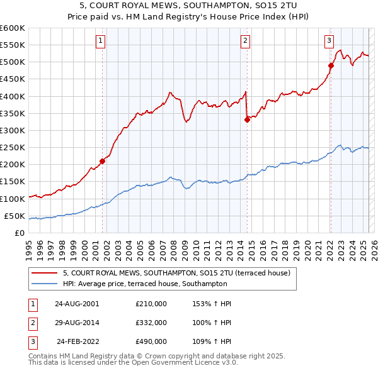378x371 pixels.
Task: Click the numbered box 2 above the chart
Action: [245, 42]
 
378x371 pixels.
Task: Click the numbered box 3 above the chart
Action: [329, 42]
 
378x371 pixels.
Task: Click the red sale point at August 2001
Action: [102, 161]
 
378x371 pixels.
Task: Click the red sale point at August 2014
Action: [247, 119]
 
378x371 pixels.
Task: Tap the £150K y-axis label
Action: [13, 182]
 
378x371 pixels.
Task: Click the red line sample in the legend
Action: [45, 273]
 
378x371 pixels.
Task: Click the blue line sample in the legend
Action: [45, 284]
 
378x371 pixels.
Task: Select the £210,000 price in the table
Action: [151, 304]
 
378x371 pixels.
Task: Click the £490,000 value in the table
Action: [151, 341]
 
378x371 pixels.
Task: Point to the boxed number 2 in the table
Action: [32, 323]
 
